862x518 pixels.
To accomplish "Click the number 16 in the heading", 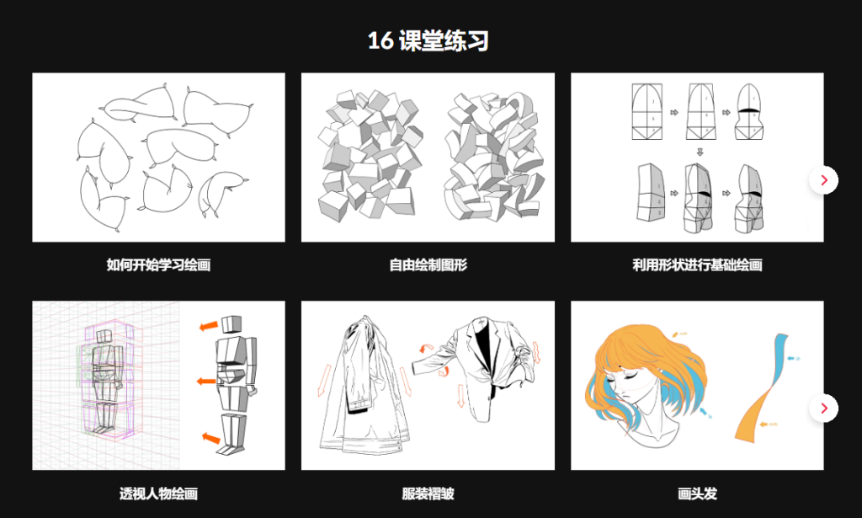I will coord(380,40).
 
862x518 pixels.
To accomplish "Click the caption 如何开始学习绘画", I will coord(158,265).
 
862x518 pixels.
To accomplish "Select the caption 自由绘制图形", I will coord(428,265).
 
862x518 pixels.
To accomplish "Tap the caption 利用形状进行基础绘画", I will coord(697,265).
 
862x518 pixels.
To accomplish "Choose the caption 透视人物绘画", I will coord(158,494).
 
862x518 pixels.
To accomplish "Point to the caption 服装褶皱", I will coord(428,494).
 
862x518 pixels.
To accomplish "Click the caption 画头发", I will coord(697,494).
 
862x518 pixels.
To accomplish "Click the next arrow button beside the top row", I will coord(823,179).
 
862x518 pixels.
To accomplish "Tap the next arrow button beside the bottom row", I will coord(823,408).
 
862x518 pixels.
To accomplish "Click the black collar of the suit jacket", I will coord(480,345).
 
